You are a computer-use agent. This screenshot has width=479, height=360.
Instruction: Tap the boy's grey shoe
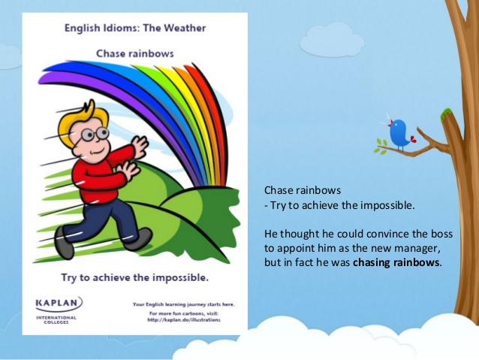point(65,247)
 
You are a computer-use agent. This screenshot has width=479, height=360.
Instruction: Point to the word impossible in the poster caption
point(174,277)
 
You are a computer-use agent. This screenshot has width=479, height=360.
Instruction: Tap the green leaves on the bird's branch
point(382,147)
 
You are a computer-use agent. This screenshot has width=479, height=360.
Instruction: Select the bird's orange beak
point(388,120)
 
